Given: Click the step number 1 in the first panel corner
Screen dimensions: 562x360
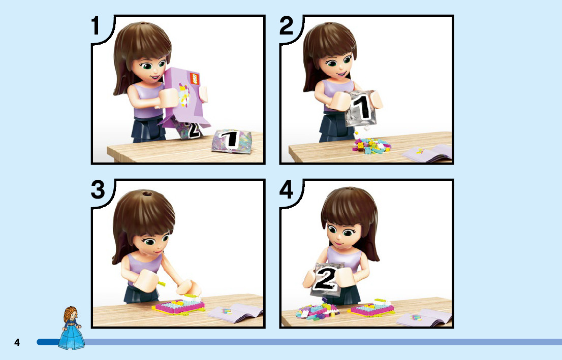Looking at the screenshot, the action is (96, 26).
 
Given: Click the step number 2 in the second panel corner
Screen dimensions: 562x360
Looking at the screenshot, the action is (287, 26).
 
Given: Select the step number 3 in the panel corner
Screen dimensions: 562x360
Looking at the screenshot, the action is (98, 190).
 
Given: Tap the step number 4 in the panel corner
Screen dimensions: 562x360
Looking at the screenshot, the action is (287, 190).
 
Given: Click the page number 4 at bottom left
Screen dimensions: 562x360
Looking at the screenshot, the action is (17, 342).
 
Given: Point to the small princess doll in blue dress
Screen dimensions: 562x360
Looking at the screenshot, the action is (72, 328).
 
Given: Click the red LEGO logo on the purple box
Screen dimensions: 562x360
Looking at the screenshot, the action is (195, 78).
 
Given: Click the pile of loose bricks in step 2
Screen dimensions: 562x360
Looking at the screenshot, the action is (371, 145).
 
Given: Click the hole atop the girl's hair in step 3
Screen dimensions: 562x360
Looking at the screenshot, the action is (147, 194).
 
